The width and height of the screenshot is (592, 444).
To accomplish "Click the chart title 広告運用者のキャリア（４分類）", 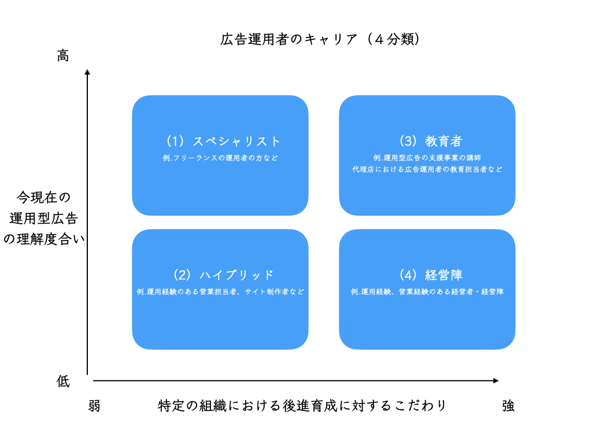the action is (x=320, y=39).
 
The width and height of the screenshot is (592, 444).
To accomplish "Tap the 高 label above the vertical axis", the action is (x=62, y=55).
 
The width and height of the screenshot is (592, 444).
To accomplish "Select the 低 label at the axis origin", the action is (x=63, y=382).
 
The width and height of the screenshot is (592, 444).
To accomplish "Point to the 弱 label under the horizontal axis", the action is (x=94, y=406).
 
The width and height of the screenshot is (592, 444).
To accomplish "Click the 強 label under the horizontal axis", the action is (x=508, y=406).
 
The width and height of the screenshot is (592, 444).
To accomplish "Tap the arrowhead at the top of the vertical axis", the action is (x=87, y=72).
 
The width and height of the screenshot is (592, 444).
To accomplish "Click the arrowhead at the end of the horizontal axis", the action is (x=496, y=380).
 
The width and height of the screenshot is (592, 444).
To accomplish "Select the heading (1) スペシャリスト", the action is (x=223, y=141).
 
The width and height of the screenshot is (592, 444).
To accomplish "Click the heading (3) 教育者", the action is (x=430, y=141).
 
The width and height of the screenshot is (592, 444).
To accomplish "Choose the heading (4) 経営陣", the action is (x=430, y=275).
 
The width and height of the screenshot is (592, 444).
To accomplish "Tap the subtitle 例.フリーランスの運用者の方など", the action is (x=220, y=158).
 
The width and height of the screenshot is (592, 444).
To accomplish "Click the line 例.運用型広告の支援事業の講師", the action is (x=427, y=158).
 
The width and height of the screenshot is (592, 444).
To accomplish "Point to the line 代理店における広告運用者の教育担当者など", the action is (x=427, y=169).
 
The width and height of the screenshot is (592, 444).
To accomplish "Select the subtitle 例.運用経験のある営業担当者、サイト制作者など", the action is (x=220, y=291).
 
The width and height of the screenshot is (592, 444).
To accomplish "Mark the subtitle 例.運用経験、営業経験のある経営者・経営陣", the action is (x=427, y=291).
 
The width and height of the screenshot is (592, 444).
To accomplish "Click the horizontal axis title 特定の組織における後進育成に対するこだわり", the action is (x=302, y=406).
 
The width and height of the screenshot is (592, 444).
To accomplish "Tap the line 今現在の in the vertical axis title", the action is (x=43, y=197).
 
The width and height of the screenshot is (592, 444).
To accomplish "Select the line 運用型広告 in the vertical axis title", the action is (x=43, y=218).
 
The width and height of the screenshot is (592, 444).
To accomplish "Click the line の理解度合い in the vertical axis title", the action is (x=44, y=239).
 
